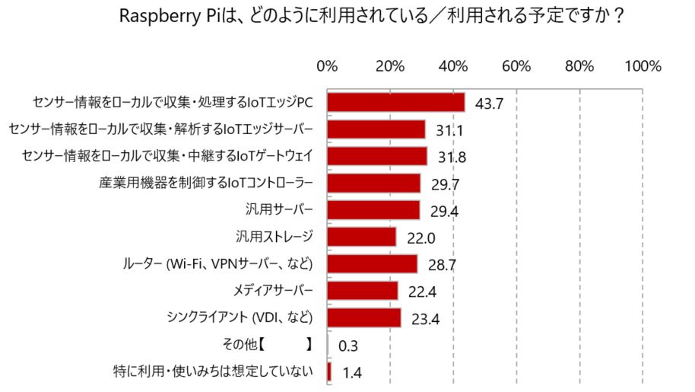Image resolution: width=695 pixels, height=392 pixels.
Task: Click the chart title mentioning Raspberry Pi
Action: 373,17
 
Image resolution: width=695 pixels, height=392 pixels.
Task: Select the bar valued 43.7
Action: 395,102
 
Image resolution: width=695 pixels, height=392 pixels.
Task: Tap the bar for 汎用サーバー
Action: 373,210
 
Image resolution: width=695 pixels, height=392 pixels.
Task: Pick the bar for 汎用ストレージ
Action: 362,237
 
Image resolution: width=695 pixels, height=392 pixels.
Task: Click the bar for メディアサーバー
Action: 363,291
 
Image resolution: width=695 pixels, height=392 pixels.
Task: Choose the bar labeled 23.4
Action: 364,317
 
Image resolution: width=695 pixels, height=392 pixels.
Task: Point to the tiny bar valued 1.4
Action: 329,371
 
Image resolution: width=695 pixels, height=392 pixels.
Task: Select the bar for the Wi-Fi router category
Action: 373,263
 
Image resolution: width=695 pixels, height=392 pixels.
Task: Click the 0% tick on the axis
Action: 327,66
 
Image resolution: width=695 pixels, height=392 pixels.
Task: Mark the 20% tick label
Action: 389,66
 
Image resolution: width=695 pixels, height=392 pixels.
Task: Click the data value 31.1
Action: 450,131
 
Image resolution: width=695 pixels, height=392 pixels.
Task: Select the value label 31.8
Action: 452,158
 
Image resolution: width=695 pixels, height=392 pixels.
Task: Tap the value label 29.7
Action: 445,185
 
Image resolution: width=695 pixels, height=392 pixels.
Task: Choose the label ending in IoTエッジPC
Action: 173,102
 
